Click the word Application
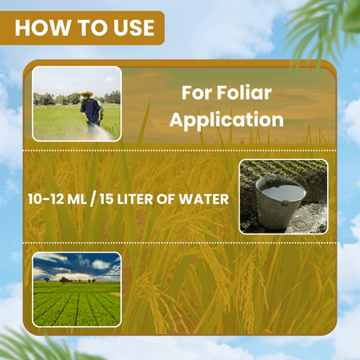click(226, 119)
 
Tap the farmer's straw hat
click(87, 94)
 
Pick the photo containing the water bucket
click(283, 196)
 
